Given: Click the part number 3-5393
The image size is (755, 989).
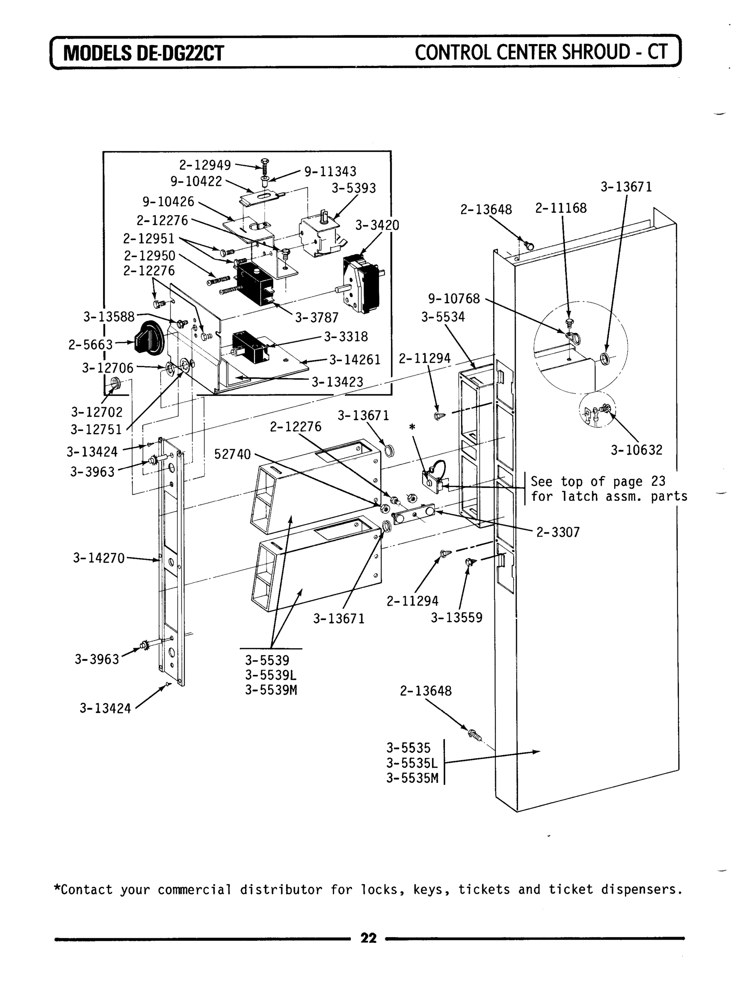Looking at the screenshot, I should [x=354, y=188].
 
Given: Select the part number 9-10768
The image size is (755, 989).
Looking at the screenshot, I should [x=454, y=299].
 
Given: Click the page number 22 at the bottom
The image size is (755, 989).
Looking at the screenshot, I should [x=369, y=938].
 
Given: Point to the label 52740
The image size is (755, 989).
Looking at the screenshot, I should [x=232, y=455].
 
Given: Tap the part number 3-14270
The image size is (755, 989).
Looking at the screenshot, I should [x=99, y=558].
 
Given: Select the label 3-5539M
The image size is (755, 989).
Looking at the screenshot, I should [x=271, y=689].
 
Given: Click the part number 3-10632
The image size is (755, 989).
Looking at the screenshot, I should [x=636, y=450].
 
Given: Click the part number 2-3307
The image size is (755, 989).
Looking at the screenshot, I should [x=558, y=532].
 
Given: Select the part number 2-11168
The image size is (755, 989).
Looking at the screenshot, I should [x=561, y=208].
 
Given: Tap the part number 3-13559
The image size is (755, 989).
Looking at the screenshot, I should [x=457, y=618].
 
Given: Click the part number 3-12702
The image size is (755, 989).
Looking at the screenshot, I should [x=97, y=412].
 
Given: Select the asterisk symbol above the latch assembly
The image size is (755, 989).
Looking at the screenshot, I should [x=412, y=427].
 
